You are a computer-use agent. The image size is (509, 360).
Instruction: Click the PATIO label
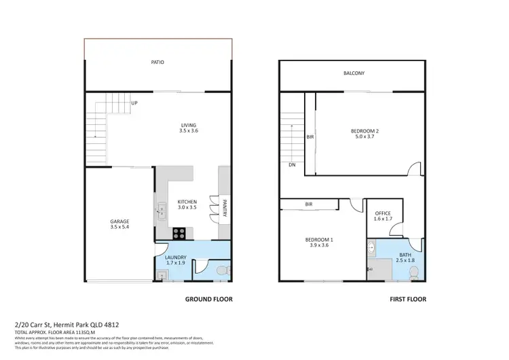click(157, 62)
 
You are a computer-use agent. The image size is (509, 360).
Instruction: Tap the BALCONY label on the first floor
click(353, 73)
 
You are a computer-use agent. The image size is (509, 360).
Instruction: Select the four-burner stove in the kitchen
click(180, 233)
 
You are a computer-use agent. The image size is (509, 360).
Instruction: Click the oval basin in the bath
click(371, 248)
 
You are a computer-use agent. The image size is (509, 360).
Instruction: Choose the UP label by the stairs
click(134, 103)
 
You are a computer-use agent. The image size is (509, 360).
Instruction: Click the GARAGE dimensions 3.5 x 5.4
click(119, 228)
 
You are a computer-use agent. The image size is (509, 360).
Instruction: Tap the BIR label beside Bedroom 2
click(309, 137)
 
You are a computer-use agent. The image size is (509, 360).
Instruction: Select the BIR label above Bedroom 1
click(309, 204)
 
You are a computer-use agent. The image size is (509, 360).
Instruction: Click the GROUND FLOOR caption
click(209, 299)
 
